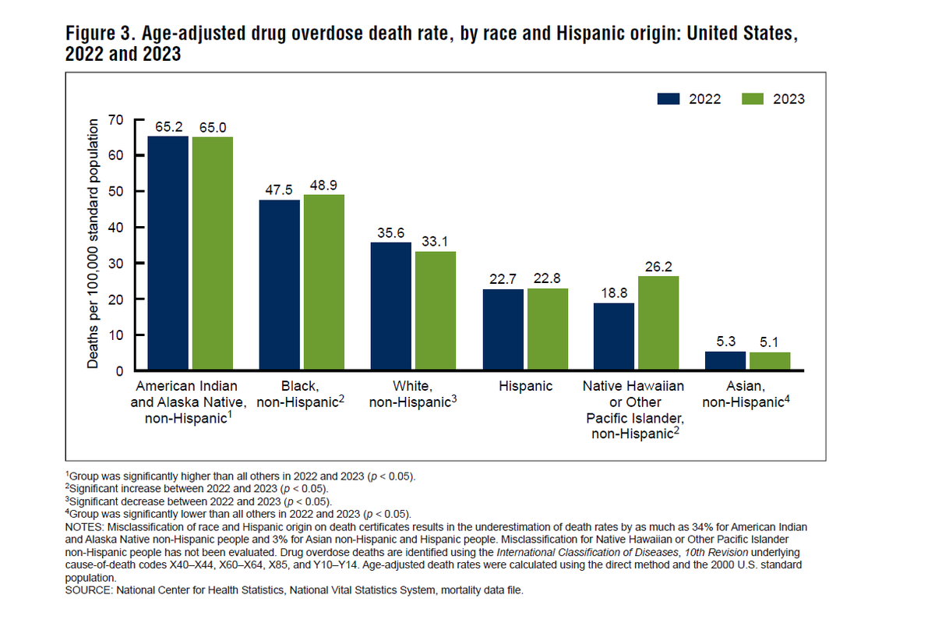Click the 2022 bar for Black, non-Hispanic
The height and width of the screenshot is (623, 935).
click(279, 285)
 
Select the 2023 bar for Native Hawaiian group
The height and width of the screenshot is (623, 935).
click(658, 323)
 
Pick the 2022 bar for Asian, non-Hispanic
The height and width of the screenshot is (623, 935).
click(725, 361)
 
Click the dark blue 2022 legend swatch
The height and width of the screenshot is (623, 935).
click(669, 99)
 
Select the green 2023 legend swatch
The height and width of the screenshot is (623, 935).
click(753, 99)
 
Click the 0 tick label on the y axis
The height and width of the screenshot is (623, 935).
click(120, 371)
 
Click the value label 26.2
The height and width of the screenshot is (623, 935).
click(658, 266)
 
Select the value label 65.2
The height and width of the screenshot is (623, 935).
click(168, 126)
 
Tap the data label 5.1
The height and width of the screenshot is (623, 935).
click(770, 342)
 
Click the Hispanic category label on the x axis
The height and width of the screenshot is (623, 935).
click(525, 386)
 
